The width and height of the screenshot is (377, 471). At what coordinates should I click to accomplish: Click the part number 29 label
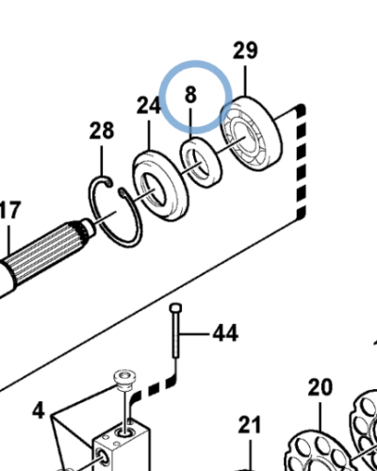click(245, 50)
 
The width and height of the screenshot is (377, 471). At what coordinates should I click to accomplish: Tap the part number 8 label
click(190, 94)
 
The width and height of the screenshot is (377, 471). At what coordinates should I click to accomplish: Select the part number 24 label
click(149, 106)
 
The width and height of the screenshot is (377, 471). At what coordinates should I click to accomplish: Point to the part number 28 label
click(101, 131)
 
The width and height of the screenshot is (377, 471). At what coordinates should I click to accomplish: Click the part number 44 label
click(225, 333)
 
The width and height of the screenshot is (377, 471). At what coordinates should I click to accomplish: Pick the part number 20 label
click(320, 387)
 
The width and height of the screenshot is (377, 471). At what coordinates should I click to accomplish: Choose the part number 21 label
click(250, 425)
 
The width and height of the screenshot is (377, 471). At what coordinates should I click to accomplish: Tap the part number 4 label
click(39, 411)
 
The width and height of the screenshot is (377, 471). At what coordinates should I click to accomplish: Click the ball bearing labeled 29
click(251, 134)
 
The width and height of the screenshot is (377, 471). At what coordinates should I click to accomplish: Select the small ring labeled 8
click(202, 162)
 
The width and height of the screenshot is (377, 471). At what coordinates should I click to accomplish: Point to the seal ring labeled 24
click(161, 186)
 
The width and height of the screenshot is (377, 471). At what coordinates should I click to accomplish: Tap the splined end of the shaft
click(47, 252)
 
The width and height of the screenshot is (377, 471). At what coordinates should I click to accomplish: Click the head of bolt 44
click(175, 307)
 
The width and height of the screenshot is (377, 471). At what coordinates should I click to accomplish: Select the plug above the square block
click(124, 380)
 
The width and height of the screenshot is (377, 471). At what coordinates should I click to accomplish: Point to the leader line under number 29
click(245, 80)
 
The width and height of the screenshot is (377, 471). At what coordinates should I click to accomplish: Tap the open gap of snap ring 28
click(115, 187)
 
